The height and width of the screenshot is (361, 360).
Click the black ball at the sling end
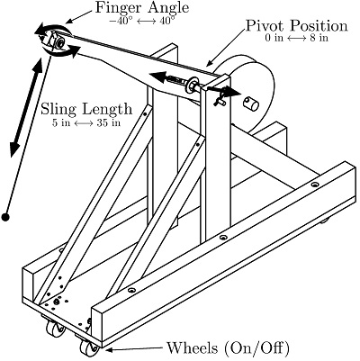pos(7,217)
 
